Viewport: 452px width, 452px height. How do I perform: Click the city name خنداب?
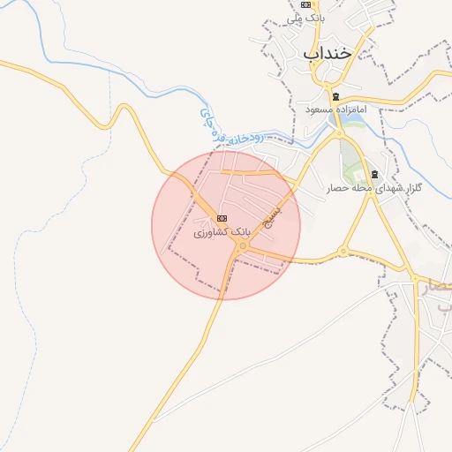[328, 52]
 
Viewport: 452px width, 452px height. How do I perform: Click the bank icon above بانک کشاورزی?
[222, 218]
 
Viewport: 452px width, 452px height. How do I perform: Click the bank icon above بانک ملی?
[305, 4]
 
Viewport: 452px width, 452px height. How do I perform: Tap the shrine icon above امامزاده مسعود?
[335, 96]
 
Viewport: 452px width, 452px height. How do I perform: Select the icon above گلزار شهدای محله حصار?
[375, 175]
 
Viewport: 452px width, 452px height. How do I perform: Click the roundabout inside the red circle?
[243, 245]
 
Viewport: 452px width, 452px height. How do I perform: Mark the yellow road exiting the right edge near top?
[441, 74]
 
